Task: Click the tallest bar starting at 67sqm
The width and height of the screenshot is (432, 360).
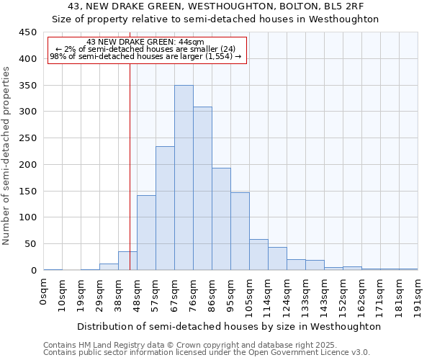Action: point(184,178)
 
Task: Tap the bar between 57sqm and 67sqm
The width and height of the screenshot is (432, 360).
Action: point(165,208)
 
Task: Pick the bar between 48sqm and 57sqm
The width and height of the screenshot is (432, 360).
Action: point(146,233)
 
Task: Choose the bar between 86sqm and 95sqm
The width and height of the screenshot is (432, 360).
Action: point(221,219)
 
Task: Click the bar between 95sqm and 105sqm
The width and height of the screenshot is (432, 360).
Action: point(240,231)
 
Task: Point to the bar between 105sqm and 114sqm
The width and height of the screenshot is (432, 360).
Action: point(258,255)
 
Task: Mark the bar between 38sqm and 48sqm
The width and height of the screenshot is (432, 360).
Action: point(127,261)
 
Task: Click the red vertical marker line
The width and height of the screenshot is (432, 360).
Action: point(130,144)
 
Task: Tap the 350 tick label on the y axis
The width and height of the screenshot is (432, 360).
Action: point(27,86)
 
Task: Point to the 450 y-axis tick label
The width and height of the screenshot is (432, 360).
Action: point(27,32)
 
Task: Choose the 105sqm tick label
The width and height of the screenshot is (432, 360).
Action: point(250,295)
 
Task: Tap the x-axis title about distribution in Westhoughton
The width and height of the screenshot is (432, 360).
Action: point(229,327)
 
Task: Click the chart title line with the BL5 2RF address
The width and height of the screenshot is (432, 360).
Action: point(216,6)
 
